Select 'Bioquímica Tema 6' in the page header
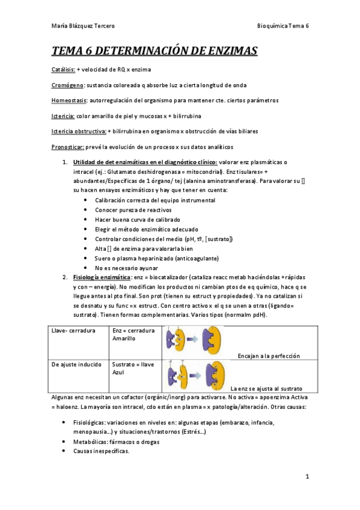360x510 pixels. (282, 26)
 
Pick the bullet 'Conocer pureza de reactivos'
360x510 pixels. (133, 210)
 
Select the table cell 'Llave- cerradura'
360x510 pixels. (72, 331)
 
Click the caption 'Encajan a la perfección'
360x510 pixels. (269, 355)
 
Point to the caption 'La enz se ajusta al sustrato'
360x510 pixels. (267, 389)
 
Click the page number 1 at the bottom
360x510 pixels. (307, 478)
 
